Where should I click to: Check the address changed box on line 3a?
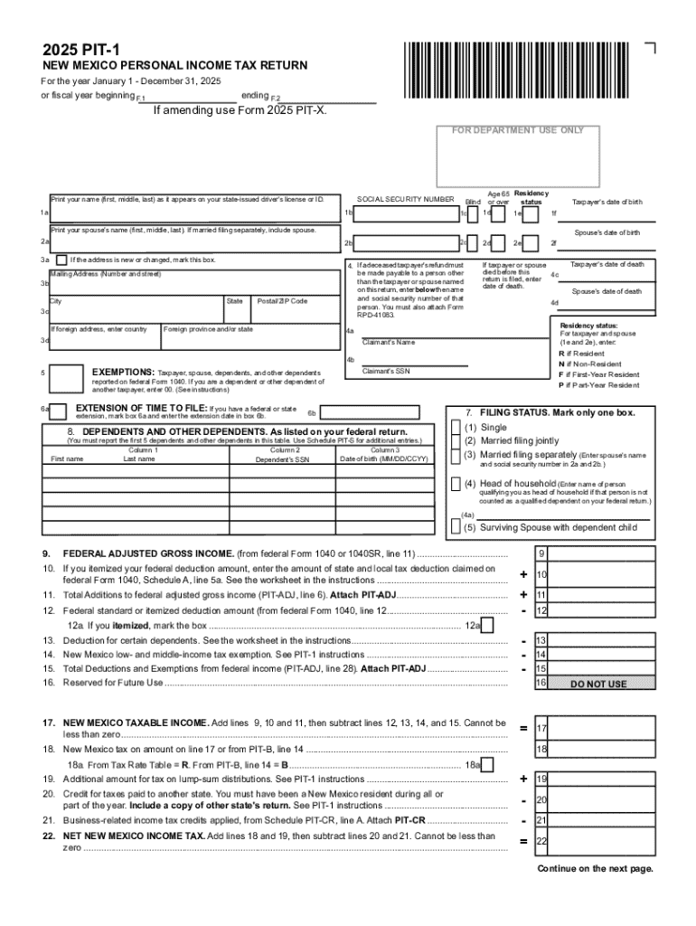coord(61,260)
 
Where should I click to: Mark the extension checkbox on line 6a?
coord(58,411)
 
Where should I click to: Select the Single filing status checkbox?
coord(456,427)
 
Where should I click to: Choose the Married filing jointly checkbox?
coord(456,440)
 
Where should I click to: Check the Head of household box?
coord(456,484)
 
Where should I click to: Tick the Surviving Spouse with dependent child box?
coord(456,526)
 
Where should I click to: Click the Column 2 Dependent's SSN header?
coord(285,455)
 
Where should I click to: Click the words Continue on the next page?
coord(595,869)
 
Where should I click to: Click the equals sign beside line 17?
coord(523,729)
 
